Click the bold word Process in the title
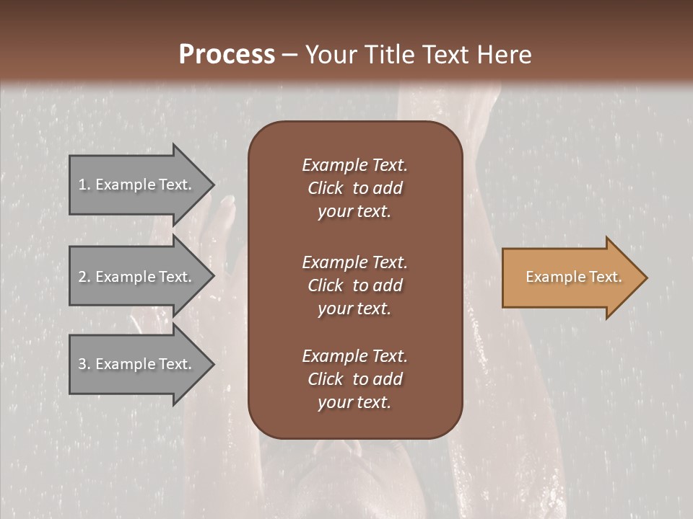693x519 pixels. click(x=227, y=54)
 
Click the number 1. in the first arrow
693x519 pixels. click(x=84, y=185)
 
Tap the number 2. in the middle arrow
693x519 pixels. click(x=84, y=277)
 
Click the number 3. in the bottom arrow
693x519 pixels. click(x=84, y=364)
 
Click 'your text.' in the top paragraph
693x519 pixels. click(x=354, y=212)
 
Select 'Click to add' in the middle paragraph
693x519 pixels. click(x=354, y=285)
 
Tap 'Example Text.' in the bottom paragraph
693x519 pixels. click(x=354, y=356)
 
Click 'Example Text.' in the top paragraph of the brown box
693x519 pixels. click(x=354, y=165)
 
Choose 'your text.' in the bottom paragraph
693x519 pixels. click(x=354, y=403)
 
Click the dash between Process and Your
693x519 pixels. click(x=289, y=55)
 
